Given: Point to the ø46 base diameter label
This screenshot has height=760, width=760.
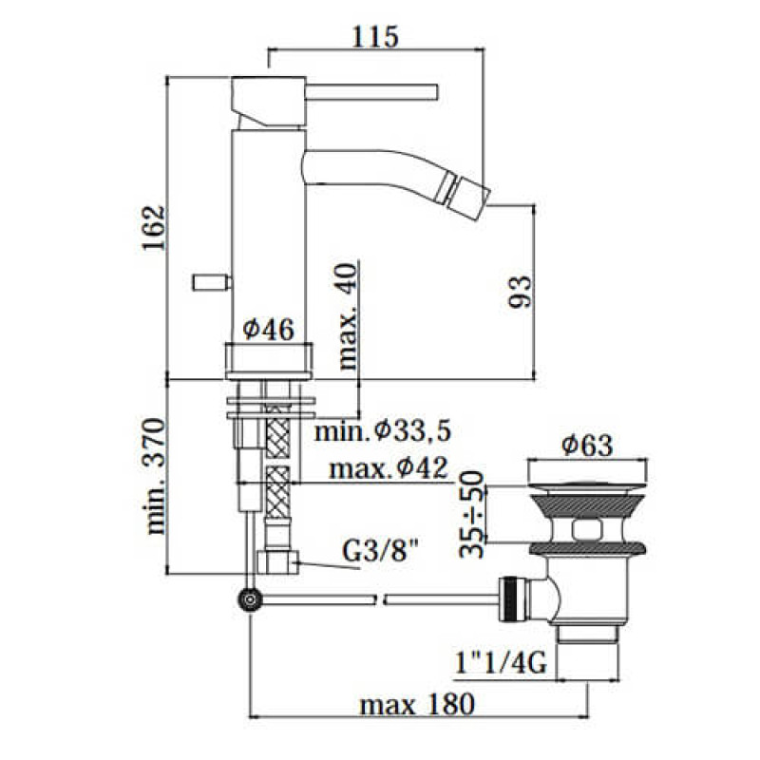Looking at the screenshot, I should click(x=268, y=329).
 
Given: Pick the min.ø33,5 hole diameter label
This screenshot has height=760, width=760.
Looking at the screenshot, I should click(x=383, y=431).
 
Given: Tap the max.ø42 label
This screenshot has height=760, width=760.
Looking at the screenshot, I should click(x=389, y=469).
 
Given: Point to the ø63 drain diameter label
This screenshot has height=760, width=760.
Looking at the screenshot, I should click(x=585, y=444).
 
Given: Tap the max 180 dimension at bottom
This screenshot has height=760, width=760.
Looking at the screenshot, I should click(x=416, y=705).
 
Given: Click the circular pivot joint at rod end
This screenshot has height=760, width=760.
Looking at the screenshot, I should click(x=251, y=598).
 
